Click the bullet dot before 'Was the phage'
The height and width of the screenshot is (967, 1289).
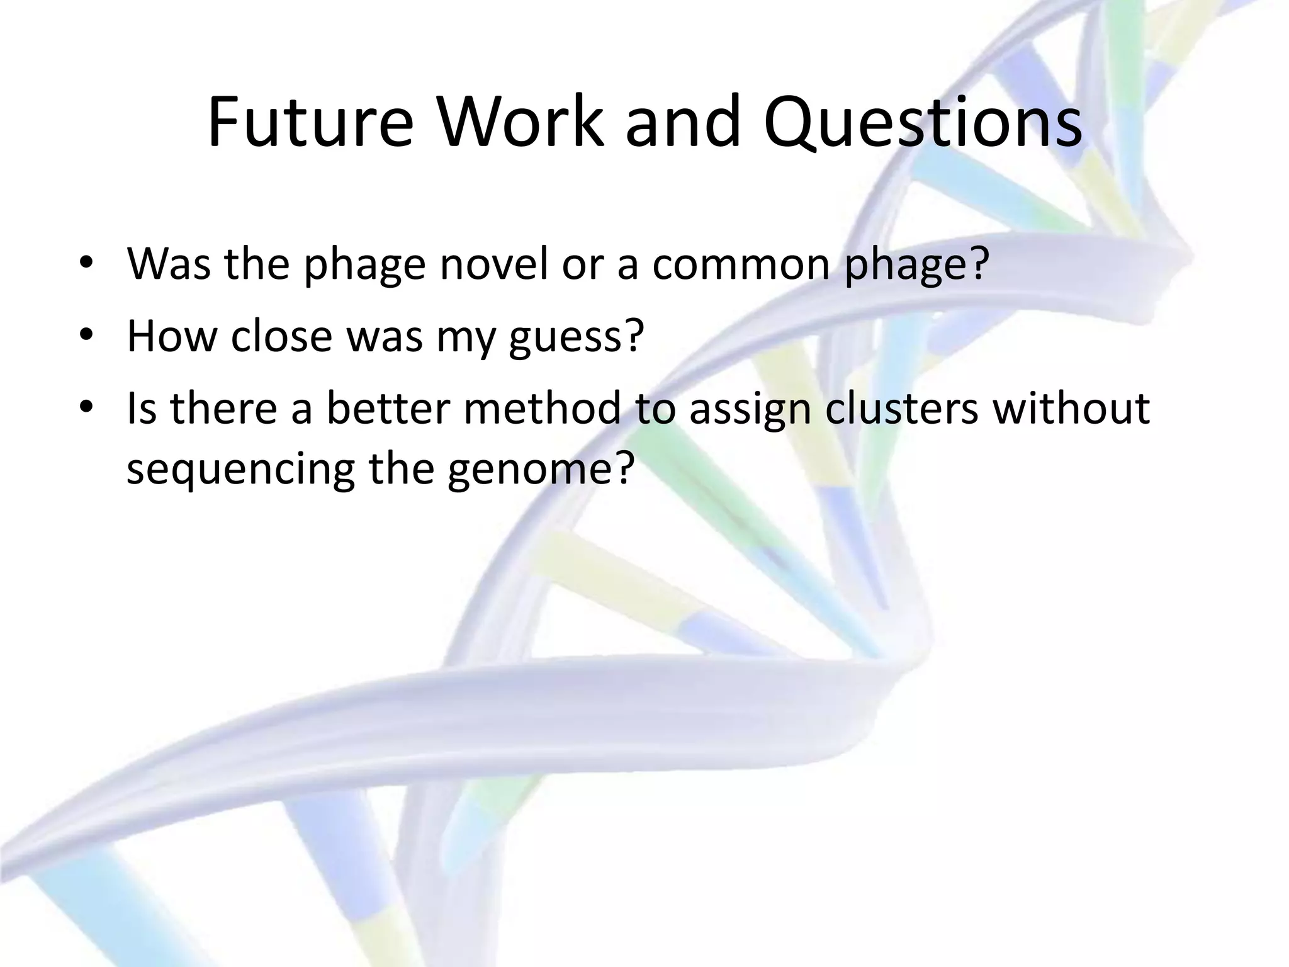pyautogui.click(x=86, y=264)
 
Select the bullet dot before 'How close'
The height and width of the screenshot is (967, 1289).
pyautogui.click(x=86, y=337)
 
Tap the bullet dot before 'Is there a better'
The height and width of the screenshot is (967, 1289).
pyautogui.click(x=86, y=409)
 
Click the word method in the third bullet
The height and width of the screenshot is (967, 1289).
pyautogui.click(x=542, y=407)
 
